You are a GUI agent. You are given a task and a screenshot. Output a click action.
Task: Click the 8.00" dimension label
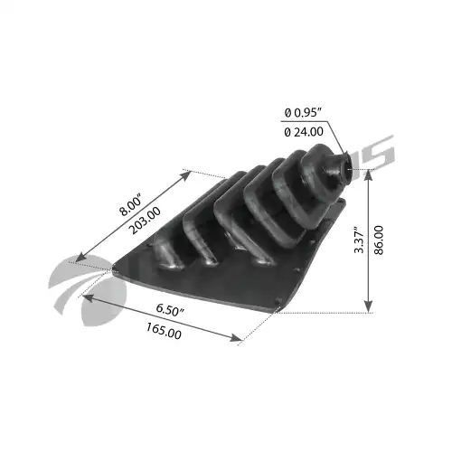click(130, 206)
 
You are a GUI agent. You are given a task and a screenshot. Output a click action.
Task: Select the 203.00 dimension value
click(145, 221)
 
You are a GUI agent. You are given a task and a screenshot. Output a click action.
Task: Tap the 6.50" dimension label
click(170, 310)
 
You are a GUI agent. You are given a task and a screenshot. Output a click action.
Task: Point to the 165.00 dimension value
click(164, 331)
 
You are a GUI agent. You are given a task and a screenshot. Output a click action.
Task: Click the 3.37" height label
click(359, 240)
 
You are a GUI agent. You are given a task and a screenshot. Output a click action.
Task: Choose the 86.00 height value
click(379, 240)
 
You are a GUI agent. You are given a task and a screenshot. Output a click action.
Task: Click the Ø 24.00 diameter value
click(304, 132)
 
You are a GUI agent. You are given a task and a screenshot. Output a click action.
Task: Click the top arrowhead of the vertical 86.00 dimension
click(369, 174)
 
